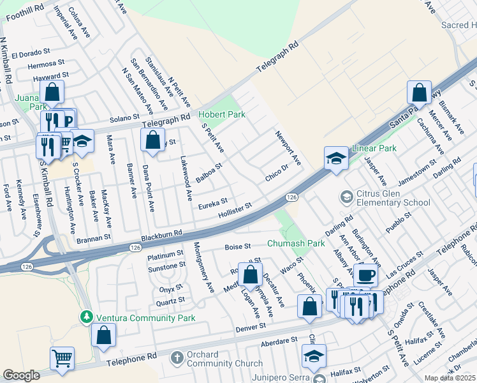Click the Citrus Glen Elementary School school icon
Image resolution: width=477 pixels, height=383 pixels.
pos(347,195)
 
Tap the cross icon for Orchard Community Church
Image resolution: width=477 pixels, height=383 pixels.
pos(177,358)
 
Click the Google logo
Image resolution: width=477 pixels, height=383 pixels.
pos(21,375)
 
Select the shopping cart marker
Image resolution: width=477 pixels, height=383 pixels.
pos(62,359)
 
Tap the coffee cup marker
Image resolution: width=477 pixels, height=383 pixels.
pos(365,275)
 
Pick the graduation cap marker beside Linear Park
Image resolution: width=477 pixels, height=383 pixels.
pos(336,158)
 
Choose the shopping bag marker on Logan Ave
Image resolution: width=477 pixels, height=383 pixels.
pos(251,275)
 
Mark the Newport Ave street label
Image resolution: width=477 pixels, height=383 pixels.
pos(288,147)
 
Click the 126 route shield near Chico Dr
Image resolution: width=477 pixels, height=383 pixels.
pos(290,198)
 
